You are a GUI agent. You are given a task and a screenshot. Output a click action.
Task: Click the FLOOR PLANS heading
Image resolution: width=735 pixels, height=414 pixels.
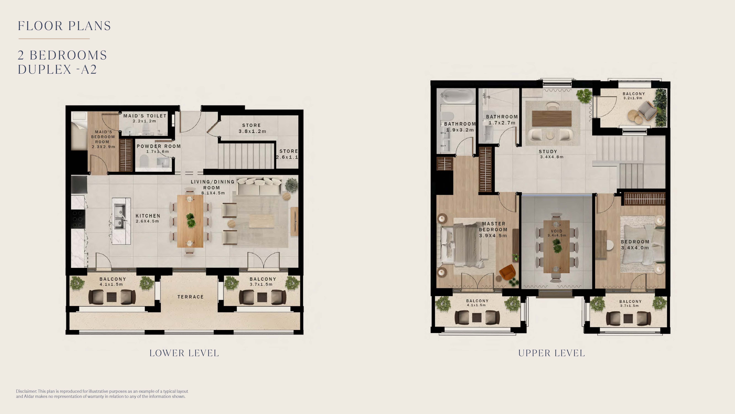pos(64,26)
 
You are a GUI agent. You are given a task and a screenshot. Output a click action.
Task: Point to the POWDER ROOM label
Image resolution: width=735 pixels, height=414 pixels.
pos(159,146)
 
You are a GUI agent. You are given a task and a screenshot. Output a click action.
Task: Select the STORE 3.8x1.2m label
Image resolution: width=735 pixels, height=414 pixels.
pos(252,128)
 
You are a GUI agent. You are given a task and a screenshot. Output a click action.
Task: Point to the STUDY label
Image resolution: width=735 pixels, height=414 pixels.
pos(548,152)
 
